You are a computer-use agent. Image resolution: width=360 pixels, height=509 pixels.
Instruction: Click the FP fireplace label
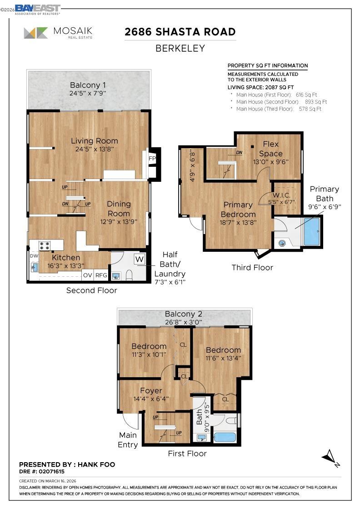[152, 159]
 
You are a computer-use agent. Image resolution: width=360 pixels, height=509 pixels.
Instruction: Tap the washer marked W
[140, 259]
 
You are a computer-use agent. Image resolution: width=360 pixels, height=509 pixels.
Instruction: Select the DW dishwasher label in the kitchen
[34, 256]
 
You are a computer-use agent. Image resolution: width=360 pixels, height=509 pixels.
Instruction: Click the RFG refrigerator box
[101, 275]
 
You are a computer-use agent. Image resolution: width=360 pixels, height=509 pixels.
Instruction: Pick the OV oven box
[87, 275]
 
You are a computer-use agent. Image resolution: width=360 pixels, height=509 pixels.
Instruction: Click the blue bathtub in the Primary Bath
[311, 232]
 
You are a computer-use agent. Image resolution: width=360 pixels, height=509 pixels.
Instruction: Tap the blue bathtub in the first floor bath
[225, 437]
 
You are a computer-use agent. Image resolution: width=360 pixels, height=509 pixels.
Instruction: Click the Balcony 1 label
[88, 85]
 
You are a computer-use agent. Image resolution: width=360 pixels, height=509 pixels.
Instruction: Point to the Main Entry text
[128, 440]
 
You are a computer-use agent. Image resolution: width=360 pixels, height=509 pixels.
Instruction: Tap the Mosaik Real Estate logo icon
[36, 33]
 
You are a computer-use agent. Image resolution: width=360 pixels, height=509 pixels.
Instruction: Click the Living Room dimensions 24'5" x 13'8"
[94, 149]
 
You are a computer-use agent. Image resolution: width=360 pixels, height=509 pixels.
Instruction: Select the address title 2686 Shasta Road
[180, 32]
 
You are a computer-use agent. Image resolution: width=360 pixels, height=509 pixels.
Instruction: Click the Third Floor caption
[252, 267]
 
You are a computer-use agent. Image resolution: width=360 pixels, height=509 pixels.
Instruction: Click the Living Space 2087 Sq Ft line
[260, 87]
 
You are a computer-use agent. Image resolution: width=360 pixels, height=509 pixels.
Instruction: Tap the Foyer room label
[151, 391]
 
